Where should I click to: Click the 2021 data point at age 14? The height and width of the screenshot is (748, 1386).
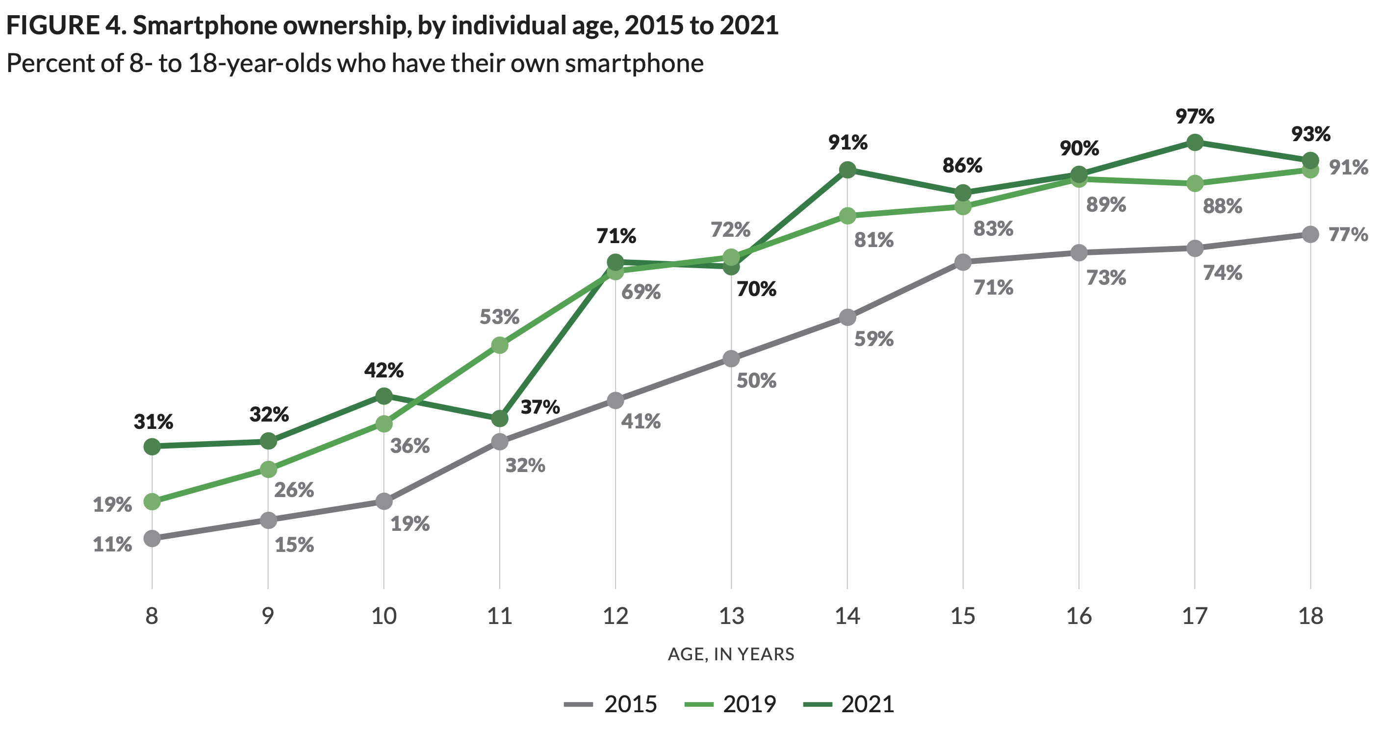(847, 170)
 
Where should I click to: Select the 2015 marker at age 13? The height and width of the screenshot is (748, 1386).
(731, 359)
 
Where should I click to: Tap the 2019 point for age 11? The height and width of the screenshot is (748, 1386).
(500, 345)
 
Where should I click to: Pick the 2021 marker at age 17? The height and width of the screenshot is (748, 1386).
(1194, 143)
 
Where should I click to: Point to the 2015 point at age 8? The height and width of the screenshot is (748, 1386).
(152, 538)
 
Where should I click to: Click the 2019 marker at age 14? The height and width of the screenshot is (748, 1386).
(847, 216)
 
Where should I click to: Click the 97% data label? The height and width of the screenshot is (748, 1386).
(1194, 116)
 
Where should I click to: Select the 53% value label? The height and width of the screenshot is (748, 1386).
(499, 317)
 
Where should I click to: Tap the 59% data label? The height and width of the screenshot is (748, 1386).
(874, 339)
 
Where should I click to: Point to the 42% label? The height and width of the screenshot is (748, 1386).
(384, 370)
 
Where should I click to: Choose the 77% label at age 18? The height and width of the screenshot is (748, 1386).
(1348, 234)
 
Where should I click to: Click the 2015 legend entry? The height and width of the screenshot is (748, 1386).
(611, 704)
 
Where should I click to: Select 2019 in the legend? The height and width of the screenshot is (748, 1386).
(731, 704)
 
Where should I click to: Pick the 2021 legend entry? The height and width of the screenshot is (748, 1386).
(849, 704)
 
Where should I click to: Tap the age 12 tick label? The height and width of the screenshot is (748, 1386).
(616, 616)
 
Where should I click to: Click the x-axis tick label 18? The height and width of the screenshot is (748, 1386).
(1310, 616)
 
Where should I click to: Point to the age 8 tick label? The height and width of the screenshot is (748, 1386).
(152, 616)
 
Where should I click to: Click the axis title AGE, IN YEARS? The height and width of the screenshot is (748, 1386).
(731, 654)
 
